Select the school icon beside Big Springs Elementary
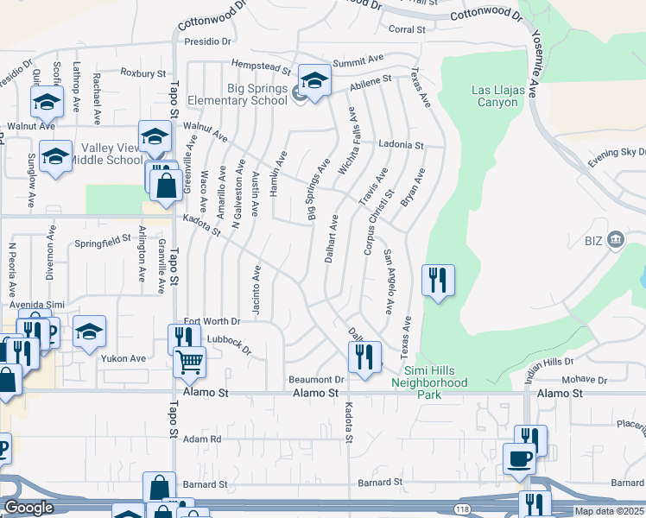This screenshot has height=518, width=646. click(x=314, y=81)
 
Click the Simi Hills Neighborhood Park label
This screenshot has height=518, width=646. click(x=429, y=388)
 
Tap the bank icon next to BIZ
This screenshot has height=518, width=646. click(x=615, y=239)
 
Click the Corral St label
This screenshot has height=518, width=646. click(x=408, y=29)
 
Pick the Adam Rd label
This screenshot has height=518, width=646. click(x=202, y=439)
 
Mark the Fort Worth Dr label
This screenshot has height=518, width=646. click(x=211, y=321)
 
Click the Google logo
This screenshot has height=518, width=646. click(x=28, y=508)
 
